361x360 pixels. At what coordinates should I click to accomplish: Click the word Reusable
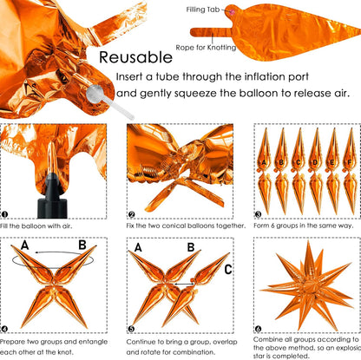coord(135,57)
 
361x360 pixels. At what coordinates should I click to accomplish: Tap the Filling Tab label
coord(203,10)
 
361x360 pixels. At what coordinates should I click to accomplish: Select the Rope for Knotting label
coord(206,48)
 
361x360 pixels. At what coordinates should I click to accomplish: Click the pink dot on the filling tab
coord(232,12)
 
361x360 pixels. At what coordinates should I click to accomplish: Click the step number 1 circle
coord(4,214)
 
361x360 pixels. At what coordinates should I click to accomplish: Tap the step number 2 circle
coord(132,214)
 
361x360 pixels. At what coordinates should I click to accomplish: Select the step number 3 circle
coord(258,214)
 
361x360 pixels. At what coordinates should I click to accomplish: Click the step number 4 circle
coord(4,329)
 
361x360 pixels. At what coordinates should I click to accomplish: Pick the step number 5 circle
coord(132,329)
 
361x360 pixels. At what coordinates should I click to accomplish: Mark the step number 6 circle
coord(258,329)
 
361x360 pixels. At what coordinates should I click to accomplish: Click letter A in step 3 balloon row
coord(264,162)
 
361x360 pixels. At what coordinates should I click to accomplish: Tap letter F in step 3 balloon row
coord(350,162)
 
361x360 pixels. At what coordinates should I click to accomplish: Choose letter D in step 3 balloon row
coord(315,162)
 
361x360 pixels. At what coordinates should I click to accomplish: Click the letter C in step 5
coord(228,270)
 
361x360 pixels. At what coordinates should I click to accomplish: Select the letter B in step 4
coord(82,245)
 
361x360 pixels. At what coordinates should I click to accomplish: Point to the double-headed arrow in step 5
coord(184,285)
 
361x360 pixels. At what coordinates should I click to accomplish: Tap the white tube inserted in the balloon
coord(110,102)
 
